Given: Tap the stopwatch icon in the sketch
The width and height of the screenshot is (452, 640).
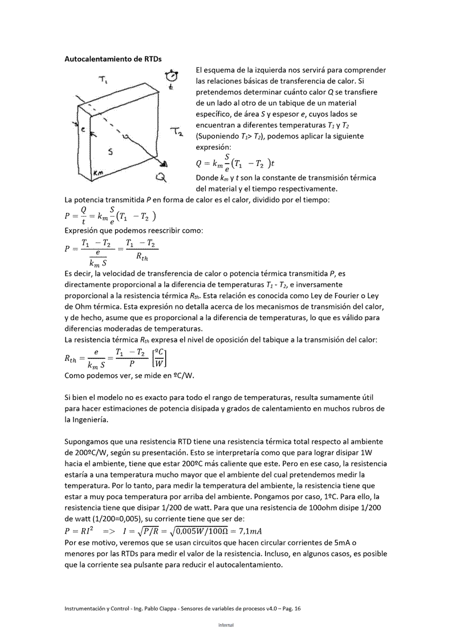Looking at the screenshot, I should click(170, 76).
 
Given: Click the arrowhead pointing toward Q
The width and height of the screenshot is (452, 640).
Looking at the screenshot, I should click(164, 165).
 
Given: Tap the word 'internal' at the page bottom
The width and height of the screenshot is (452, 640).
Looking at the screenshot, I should click(226, 625).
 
